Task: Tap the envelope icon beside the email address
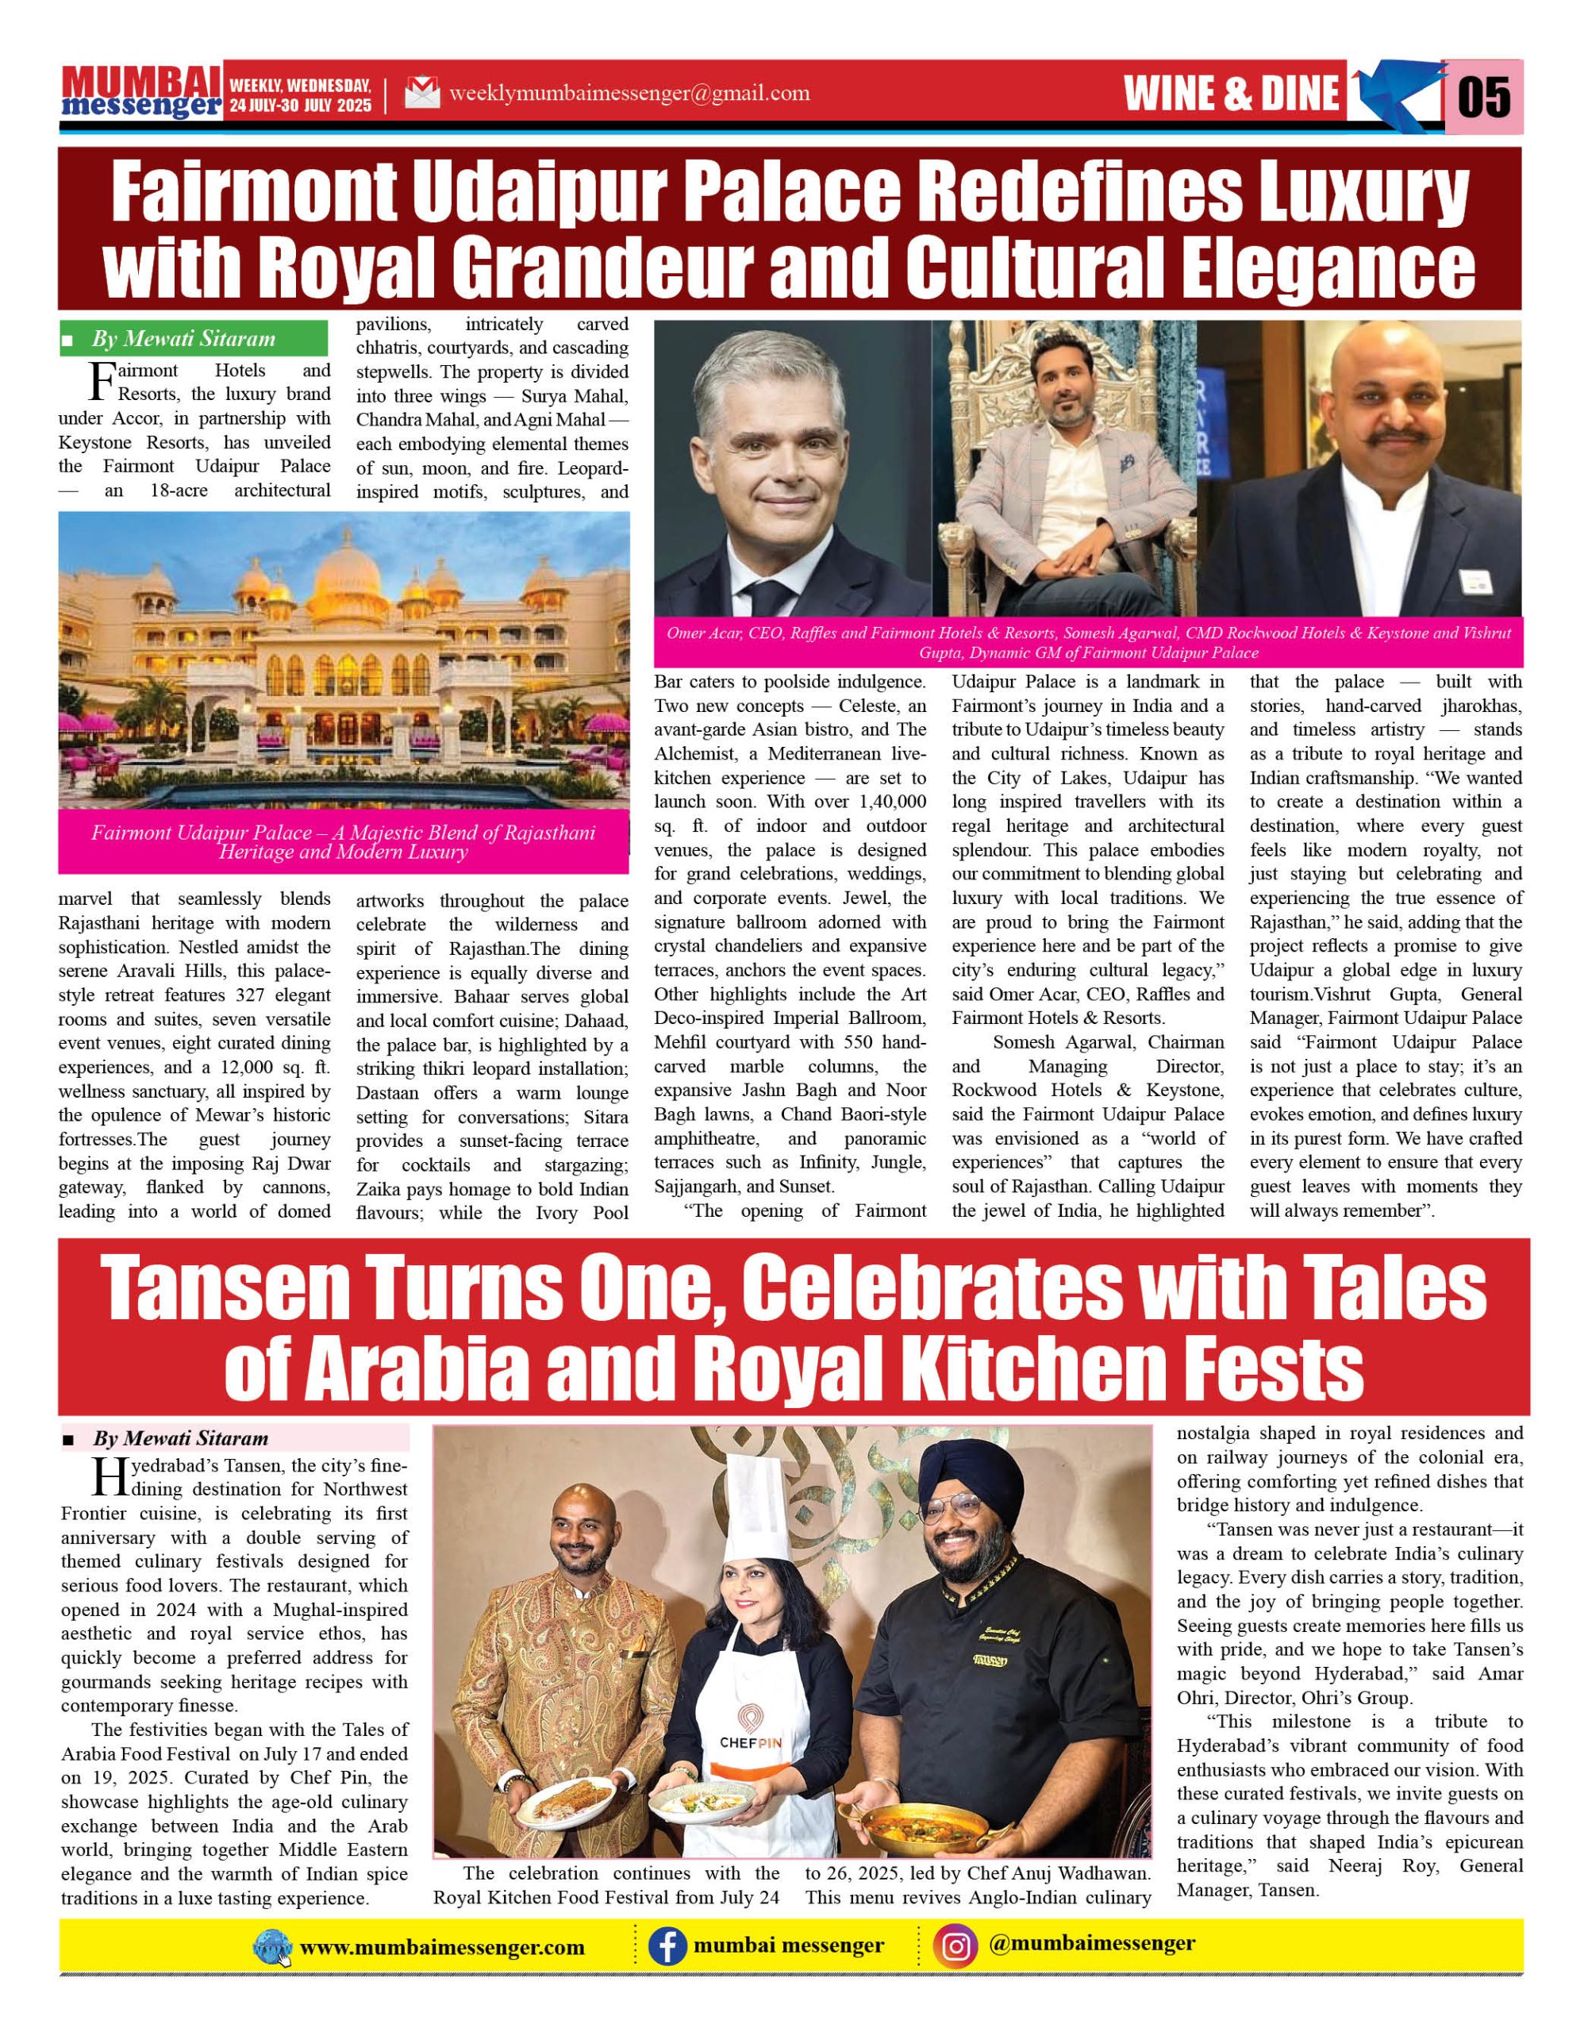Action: [422, 93]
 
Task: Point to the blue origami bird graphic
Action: [1395, 93]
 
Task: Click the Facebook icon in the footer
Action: [667, 1946]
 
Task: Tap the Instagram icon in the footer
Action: [956, 1946]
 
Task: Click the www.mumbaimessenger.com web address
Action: [442, 1947]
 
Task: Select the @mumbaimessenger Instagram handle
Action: [1092, 1944]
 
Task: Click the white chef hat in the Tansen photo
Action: [758, 1508]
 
